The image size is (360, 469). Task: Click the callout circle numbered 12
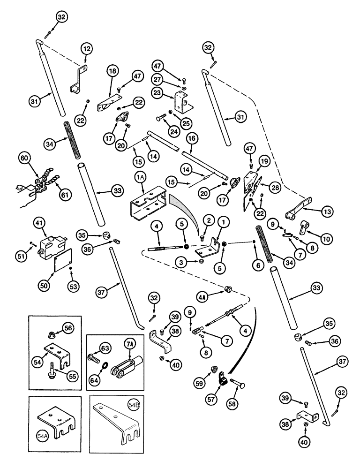(x=86, y=49)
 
